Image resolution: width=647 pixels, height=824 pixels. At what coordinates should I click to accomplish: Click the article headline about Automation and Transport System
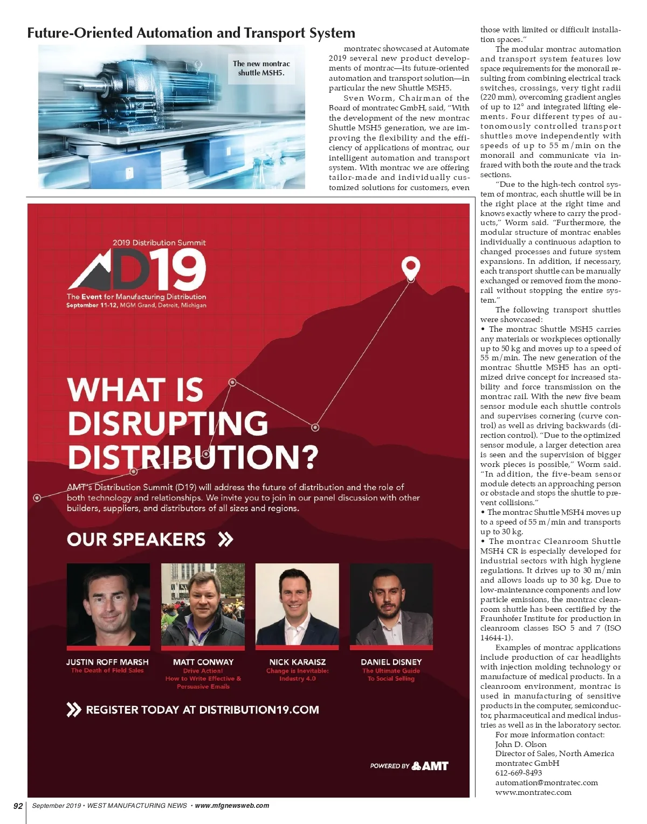[x=191, y=33]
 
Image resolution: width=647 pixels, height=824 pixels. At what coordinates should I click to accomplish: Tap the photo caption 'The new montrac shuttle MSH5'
[x=261, y=68]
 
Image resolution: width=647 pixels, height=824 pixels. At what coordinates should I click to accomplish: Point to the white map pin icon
[x=411, y=267]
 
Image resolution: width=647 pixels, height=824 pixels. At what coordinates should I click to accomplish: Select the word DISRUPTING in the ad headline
[x=168, y=423]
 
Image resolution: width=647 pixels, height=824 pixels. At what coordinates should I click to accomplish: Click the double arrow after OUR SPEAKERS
[x=225, y=539]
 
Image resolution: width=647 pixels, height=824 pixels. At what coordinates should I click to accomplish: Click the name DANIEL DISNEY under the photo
[x=391, y=662]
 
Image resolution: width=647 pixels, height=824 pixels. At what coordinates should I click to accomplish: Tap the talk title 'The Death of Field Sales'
[x=107, y=671]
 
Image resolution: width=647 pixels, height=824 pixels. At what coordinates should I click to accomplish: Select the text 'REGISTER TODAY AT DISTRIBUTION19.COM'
[x=202, y=710]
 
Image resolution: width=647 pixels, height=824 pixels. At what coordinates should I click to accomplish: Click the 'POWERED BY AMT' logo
[x=409, y=766]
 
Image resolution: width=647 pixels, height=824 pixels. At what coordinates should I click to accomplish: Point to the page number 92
[x=18, y=806]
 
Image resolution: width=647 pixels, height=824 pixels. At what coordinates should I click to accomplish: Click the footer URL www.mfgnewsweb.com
[x=232, y=806]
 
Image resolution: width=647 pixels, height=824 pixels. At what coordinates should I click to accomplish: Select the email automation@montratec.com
[x=546, y=783]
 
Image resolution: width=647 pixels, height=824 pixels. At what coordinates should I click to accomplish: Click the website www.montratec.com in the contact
[x=533, y=792]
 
